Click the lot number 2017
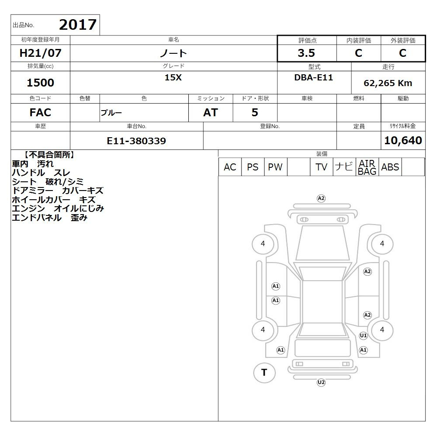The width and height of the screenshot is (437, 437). pyautogui.click(x=78, y=24)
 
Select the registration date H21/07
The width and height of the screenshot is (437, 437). pyautogui.click(x=40, y=53)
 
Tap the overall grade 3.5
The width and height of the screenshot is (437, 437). pyautogui.click(x=306, y=53)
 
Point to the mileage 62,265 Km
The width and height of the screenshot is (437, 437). pyautogui.click(x=388, y=83)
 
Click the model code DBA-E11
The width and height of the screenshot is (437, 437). pyautogui.click(x=313, y=77)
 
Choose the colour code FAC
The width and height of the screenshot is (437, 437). pyautogui.click(x=40, y=113)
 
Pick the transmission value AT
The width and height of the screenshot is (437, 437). pyautogui.click(x=211, y=113)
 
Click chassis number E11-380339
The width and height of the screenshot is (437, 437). pyautogui.click(x=136, y=141)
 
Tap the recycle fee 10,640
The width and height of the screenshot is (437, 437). pyautogui.click(x=403, y=140)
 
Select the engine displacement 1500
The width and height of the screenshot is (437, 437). pyautogui.click(x=40, y=83)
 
